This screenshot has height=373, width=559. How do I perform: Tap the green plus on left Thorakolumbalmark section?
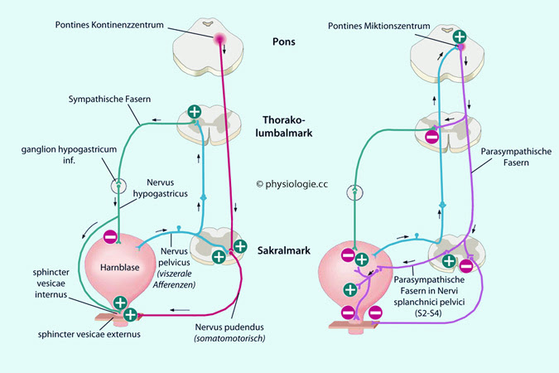coord(194,111)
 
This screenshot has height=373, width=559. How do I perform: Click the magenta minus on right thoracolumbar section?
coord(431,137)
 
